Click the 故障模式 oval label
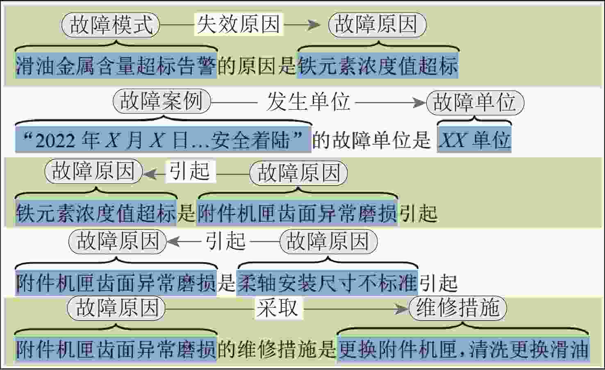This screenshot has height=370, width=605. click(111, 25)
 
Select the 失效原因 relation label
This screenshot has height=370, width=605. click(239, 24)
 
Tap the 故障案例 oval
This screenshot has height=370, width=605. click(162, 101)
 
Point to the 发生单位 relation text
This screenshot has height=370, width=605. click(308, 102)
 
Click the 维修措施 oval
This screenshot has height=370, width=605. click(458, 308)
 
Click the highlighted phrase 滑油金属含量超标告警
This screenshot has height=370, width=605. click(116, 66)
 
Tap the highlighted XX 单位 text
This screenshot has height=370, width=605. click(474, 139)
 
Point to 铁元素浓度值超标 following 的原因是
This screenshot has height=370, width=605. click(378, 66)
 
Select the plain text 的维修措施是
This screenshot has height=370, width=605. click(277, 349)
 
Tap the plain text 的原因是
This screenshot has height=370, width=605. click(257, 66)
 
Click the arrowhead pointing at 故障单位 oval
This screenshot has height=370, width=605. click(420, 102)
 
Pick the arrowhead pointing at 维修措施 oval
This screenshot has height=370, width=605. click(402, 309)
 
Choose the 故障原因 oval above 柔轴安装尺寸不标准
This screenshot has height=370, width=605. click(328, 241)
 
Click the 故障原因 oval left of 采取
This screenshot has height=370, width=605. click(116, 308)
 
